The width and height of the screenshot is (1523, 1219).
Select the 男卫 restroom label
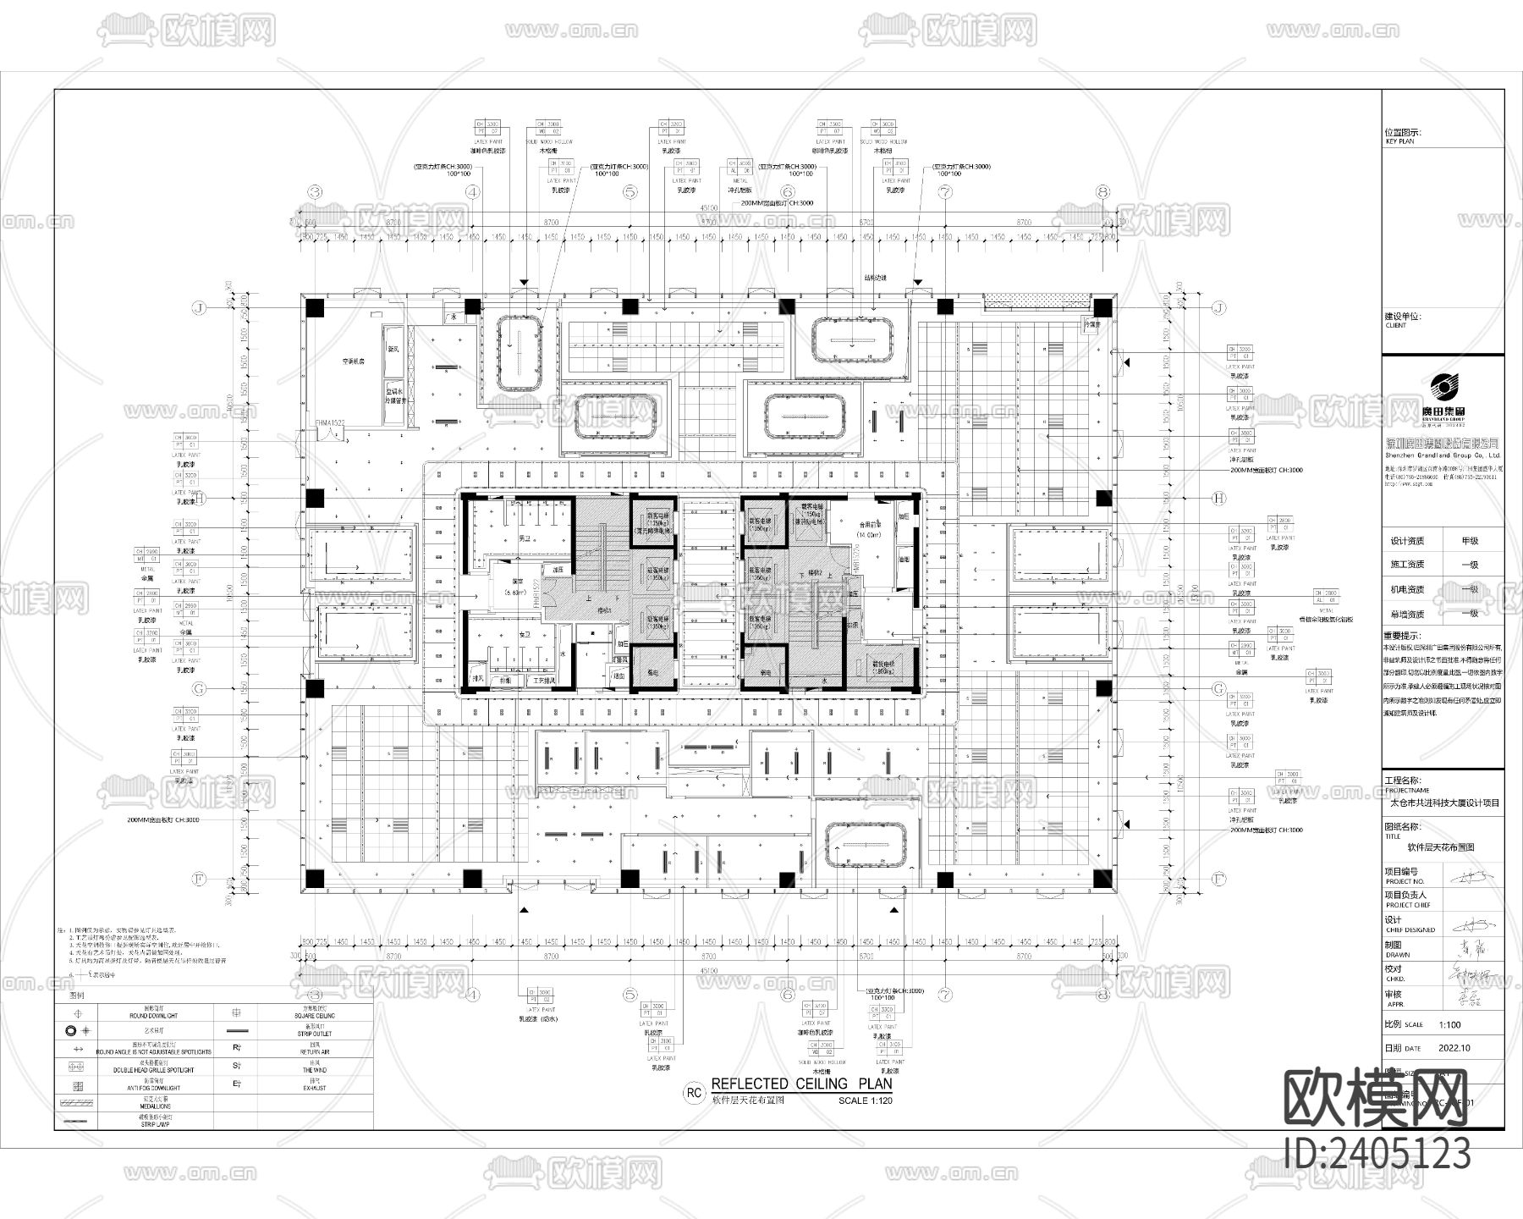525,538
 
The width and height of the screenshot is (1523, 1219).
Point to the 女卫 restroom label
525,634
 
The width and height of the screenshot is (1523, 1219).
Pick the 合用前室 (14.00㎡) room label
868,529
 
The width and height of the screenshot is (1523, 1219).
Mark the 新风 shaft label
393,348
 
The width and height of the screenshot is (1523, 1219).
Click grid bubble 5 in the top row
630,193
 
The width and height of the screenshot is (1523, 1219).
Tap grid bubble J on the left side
200,308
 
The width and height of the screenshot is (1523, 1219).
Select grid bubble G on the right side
1218,689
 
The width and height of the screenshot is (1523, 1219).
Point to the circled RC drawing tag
694,1093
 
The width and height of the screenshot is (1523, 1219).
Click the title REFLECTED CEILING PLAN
801,1084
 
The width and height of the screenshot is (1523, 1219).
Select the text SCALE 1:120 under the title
865,1100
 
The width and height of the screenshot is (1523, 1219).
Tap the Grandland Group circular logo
1443,389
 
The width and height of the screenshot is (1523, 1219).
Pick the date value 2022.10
1454,1047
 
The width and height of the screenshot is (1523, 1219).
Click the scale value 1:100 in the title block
1450,1023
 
